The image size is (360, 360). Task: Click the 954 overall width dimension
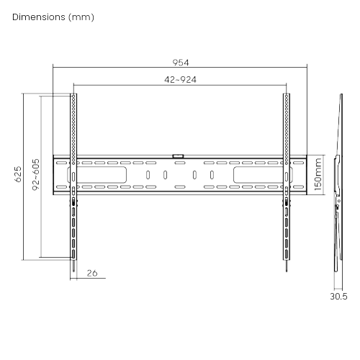coord(181,63)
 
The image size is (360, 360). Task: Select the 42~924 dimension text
coord(180,80)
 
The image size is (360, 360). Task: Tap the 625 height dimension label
coord(18,174)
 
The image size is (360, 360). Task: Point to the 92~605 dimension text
coord(36,174)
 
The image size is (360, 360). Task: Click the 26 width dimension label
coord(92,273)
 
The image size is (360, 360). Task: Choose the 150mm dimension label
coord(318,174)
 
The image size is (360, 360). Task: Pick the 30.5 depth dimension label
coord(338,297)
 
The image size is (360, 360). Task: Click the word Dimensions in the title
coord(39,17)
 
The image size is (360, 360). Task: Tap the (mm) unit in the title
coord(81,17)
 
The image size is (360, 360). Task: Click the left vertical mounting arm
coord(73,177)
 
